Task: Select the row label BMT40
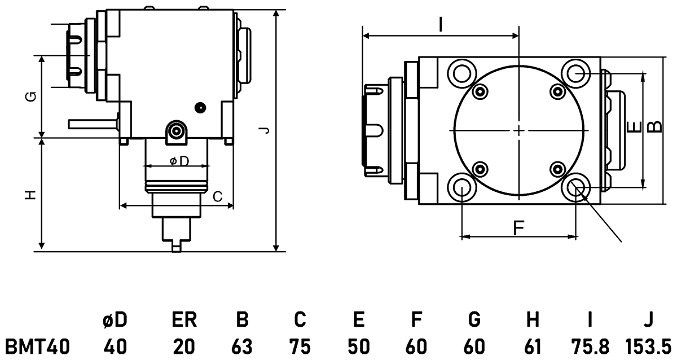[x=37, y=345]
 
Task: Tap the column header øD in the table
[x=115, y=321]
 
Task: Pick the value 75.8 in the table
[x=589, y=345]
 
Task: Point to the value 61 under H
[x=531, y=345]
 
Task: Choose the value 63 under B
[x=242, y=345]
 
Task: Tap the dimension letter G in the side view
[x=32, y=96]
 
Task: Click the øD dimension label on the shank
[x=178, y=161]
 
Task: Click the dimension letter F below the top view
[x=519, y=227]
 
